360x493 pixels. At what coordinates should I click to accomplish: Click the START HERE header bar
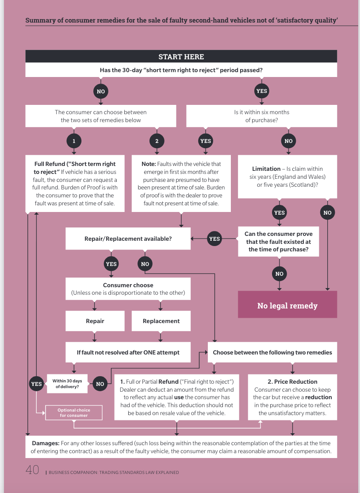pyautogui.click(x=181, y=57)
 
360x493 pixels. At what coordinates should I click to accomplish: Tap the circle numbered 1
pyautogui.click(x=74, y=141)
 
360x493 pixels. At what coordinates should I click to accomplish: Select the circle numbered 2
pyautogui.click(x=157, y=141)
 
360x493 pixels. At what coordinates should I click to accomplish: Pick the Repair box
pyautogui.click(x=95, y=321)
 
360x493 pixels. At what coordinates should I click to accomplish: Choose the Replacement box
pyautogui.click(x=161, y=321)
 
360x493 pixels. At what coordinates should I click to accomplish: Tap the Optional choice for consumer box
pyautogui.click(x=74, y=412)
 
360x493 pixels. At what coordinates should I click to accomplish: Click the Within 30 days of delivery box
pyautogui.click(x=67, y=384)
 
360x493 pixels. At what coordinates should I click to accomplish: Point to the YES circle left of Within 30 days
pyautogui.click(x=36, y=384)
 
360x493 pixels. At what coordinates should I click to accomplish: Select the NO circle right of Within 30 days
pyautogui.click(x=100, y=384)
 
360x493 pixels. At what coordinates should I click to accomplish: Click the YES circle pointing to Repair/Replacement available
pyautogui.click(x=214, y=239)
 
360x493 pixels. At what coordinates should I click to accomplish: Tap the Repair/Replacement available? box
pyautogui.click(x=128, y=239)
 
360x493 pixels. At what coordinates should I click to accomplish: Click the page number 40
pyautogui.click(x=32, y=470)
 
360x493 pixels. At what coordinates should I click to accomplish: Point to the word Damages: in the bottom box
pyautogui.click(x=46, y=443)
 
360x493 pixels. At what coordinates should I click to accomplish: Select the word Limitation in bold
pyautogui.click(x=266, y=169)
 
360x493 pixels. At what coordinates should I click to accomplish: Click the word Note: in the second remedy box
pyautogui.click(x=149, y=164)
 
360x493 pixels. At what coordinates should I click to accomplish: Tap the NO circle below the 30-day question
pyautogui.click(x=100, y=91)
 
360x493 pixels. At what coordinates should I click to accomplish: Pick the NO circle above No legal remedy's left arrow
pyautogui.click(x=279, y=273)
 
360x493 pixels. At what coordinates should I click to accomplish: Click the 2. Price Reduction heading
pyautogui.click(x=292, y=381)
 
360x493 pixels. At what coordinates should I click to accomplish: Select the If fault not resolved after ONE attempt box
pyautogui.click(x=128, y=352)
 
